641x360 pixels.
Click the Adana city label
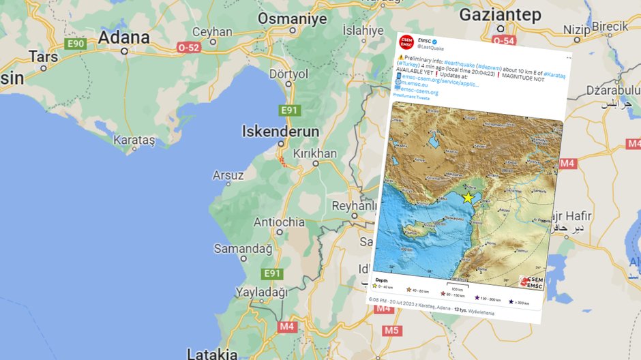[x=123, y=37]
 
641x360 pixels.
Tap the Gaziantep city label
[x=500, y=15]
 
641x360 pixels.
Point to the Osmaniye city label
[x=282, y=17]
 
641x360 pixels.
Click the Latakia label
[x=212, y=353]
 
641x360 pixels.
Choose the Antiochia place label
[x=279, y=222]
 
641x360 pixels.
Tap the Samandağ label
[x=243, y=249]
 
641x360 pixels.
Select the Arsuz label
[x=228, y=175]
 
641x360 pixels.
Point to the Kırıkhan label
[x=314, y=153]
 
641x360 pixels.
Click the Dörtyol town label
[x=289, y=74]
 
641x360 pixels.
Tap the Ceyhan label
[x=212, y=31]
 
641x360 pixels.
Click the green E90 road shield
[x=74, y=44]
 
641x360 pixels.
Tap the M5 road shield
[x=391, y=331]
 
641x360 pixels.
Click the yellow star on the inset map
[x=468, y=197]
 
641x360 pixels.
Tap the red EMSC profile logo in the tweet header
[x=406, y=42]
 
